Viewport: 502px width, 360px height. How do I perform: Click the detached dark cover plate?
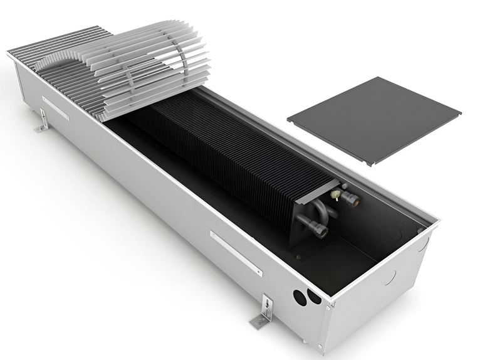(x=374, y=119)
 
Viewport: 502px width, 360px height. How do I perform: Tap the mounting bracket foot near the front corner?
(x=261, y=318)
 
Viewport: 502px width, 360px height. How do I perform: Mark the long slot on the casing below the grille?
(x=56, y=109)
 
